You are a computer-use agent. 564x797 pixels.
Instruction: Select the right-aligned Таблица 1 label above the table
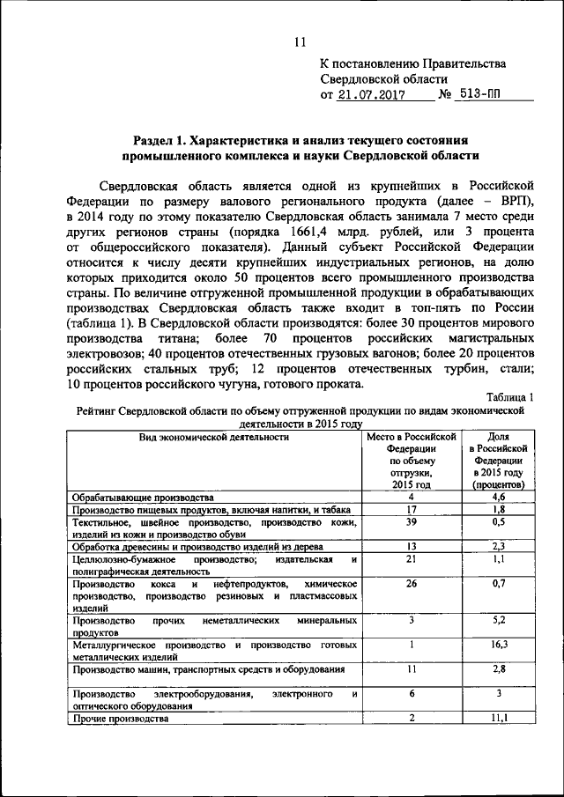click(510, 398)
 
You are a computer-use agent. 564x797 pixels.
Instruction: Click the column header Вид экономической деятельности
click(214, 436)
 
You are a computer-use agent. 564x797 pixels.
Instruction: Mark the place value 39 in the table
click(411, 521)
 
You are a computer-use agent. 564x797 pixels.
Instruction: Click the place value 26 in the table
click(411, 583)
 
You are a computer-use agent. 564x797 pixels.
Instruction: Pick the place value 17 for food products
click(411, 509)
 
